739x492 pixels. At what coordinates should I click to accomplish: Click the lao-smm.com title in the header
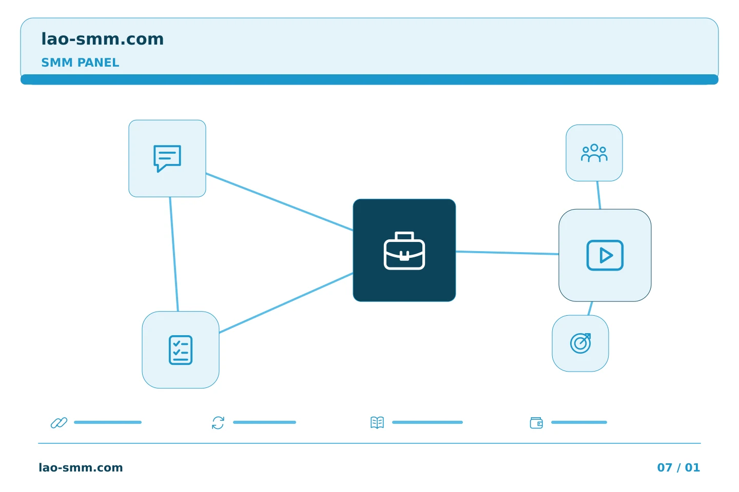pos(102,39)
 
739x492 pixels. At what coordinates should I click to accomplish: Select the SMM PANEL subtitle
pos(80,63)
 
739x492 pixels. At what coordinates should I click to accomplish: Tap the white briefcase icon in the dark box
pos(404,251)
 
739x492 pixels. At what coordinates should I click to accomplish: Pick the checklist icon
pos(181,350)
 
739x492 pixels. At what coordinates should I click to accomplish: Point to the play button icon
pos(605,255)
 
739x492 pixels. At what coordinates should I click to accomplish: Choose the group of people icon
pos(594,153)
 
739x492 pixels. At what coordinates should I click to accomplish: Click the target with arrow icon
pos(580,343)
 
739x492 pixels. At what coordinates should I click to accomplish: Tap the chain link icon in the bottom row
pos(59,422)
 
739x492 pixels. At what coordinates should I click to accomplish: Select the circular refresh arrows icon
pos(218,422)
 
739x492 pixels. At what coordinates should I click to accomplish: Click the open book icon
pos(377,422)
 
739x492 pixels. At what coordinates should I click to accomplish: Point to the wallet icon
pos(536,423)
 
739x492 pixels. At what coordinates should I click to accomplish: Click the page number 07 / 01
pos(678,467)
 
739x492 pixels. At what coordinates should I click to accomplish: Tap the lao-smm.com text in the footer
pos(81,467)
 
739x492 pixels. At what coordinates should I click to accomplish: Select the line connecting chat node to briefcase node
pos(279,202)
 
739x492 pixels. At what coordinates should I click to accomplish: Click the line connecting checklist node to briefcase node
pos(286,303)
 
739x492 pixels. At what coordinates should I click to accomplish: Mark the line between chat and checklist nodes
pos(174,254)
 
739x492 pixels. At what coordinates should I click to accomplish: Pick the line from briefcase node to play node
pos(507,253)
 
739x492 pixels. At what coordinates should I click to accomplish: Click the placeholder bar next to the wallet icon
pos(579,422)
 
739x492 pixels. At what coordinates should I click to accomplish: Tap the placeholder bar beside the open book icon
pos(427,422)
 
